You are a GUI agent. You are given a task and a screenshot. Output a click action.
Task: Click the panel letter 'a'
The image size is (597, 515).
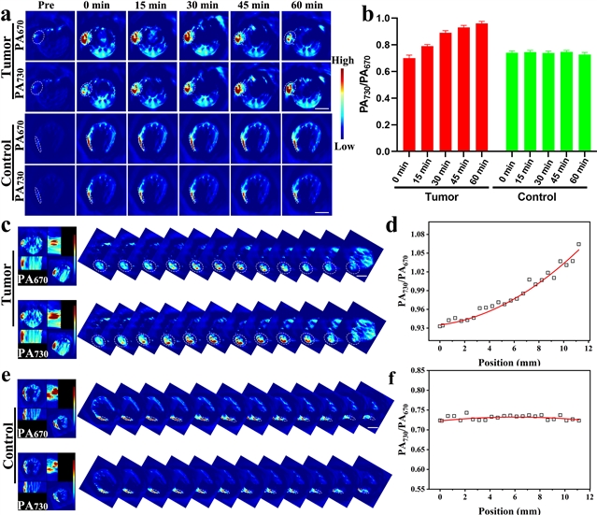tap(7, 8)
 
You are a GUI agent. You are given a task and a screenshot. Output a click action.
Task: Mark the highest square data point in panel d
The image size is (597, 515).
tap(579, 245)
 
